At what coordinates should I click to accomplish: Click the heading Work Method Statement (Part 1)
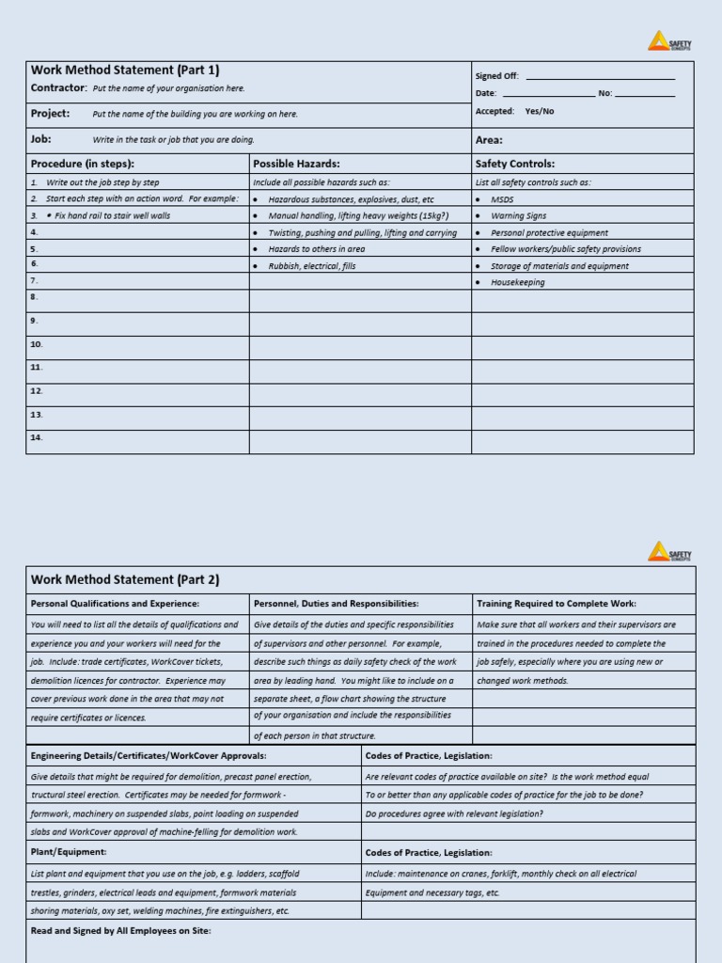[125, 70]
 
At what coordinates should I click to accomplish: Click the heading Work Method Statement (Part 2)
[125, 579]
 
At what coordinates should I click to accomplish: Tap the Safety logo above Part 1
[669, 41]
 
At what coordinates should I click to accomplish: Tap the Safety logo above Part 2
[669, 551]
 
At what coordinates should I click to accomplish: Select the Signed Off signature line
[600, 77]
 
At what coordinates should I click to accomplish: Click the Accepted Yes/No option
[539, 111]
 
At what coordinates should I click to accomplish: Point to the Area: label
[489, 140]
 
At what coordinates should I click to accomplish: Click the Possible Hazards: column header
[296, 164]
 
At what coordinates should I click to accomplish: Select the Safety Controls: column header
[515, 164]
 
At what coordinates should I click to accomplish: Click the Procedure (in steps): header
[83, 164]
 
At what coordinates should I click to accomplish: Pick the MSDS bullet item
[503, 199]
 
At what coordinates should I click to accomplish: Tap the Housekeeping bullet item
[517, 282]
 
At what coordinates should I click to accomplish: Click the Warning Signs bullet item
[518, 215]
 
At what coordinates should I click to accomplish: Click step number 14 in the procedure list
[37, 437]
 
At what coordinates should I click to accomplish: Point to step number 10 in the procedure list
[37, 344]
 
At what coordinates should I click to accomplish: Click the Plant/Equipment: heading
[69, 852]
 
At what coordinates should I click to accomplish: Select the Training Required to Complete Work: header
[557, 604]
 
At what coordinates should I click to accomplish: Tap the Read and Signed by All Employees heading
[121, 930]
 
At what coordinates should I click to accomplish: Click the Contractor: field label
[58, 87]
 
